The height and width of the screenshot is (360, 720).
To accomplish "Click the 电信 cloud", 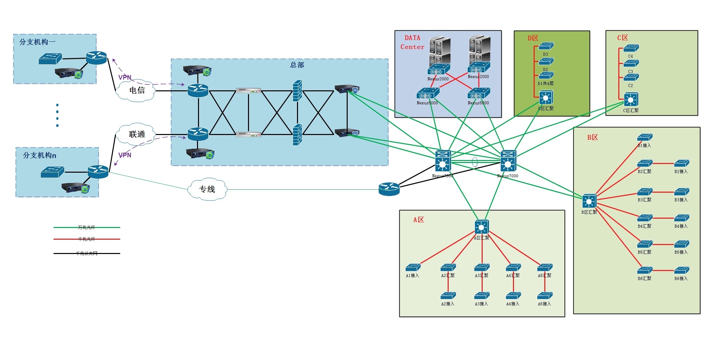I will (x=136, y=90).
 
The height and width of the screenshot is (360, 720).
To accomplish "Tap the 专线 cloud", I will (x=207, y=189).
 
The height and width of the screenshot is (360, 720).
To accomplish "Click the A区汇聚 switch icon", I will (x=482, y=227).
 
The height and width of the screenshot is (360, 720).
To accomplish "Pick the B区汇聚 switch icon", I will (x=589, y=201).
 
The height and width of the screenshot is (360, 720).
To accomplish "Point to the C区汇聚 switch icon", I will (x=631, y=100).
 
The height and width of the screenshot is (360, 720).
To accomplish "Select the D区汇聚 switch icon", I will (x=546, y=98).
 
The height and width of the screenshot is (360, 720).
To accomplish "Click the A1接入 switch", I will (x=413, y=267).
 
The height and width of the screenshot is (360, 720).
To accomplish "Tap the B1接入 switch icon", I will (x=645, y=137).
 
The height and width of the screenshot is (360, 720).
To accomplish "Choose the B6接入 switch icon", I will (x=682, y=270).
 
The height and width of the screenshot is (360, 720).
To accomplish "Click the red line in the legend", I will (x=87, y=239).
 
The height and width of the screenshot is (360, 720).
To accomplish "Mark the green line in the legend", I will (x=87, y=227).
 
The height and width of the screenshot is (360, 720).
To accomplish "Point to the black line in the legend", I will (x=87, y=253).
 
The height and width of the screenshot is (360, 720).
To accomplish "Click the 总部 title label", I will (x=297, y=65).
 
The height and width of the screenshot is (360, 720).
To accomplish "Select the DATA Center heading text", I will (x=412, y=42).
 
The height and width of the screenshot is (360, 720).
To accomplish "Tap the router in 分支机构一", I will (x=96, y=58).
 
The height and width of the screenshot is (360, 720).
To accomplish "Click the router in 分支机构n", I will (x=98, y=172).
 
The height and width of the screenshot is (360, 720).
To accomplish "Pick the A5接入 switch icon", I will (x=545, y=296).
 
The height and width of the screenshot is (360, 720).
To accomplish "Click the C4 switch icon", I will (x=631, y=48).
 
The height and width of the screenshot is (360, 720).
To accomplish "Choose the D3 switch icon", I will (x=546, y=46).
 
